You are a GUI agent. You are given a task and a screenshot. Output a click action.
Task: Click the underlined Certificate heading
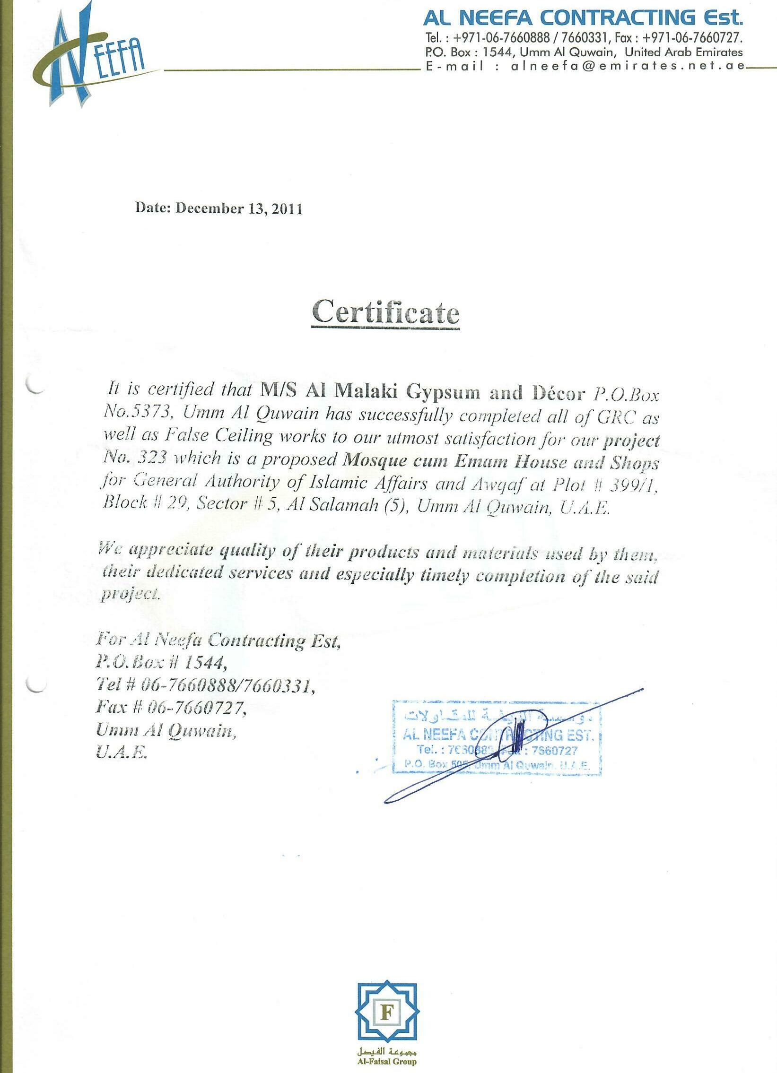point(385,312)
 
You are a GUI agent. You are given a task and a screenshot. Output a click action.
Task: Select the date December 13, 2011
point(238,208)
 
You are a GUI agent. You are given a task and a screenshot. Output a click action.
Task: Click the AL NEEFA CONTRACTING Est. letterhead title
point(583,18)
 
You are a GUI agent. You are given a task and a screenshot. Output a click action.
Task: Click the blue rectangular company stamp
point(497,736)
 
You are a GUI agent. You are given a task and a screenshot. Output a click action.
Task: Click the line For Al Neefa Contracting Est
point(218,640)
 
